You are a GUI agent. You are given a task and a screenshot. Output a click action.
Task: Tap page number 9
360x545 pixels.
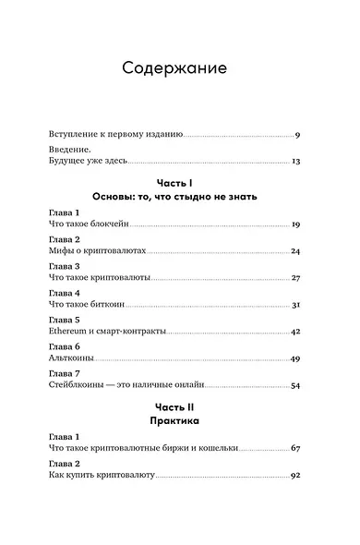click(x=297, y=136)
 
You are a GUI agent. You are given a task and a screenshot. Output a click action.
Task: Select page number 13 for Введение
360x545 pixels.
click(x=296, y=161)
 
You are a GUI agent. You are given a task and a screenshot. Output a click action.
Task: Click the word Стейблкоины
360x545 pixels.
click(x=79, y=384)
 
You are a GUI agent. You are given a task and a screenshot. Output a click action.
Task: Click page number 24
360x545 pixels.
click(x=295, y=251)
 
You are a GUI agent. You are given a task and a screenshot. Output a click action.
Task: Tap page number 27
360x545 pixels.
click(x=295, y=278)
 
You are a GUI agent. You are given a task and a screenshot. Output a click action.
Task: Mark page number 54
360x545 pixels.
click(x=295, y=385)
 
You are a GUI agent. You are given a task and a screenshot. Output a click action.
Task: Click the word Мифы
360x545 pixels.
click(x=59, y=251)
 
